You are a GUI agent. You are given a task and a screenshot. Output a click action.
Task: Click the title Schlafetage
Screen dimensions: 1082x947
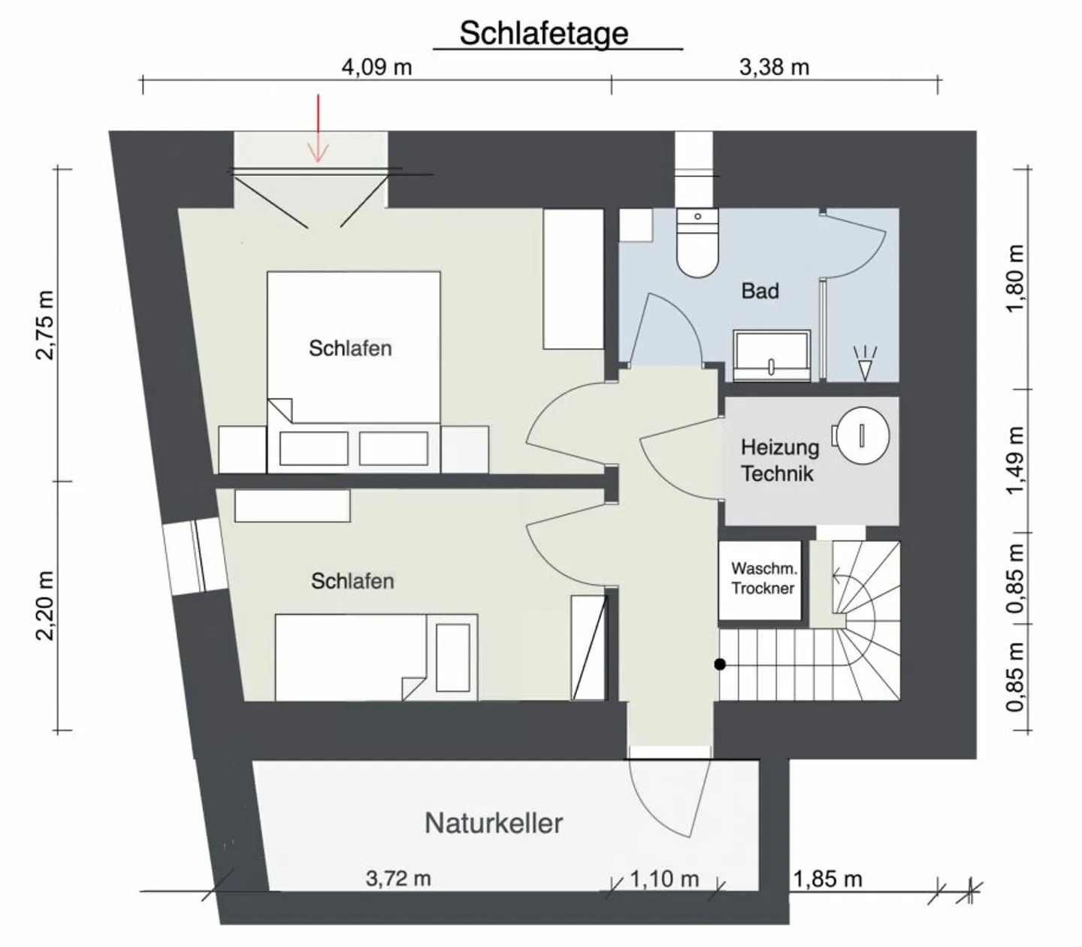544,34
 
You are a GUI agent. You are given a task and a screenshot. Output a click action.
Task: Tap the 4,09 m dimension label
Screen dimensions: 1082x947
376,68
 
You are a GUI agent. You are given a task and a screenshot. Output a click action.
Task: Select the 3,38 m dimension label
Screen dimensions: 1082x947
774,68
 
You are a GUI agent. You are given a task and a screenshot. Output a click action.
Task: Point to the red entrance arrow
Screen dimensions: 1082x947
319,129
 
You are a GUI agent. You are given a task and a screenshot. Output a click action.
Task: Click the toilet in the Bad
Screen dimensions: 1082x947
697,243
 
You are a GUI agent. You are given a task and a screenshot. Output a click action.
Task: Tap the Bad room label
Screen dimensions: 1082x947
760,291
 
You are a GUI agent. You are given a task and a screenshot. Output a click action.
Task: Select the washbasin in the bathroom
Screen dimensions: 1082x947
772,356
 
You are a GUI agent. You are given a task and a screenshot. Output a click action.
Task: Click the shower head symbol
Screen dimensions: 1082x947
865,363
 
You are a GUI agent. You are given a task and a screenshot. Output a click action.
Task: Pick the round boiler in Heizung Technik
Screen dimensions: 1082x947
861,436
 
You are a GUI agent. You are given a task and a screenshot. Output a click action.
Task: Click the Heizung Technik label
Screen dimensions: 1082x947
779,460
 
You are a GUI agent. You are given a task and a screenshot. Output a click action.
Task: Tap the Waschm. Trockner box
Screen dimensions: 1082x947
760,579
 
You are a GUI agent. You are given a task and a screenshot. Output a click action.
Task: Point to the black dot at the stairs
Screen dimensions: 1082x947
720,664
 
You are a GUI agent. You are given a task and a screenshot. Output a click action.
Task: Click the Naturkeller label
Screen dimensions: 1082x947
494,823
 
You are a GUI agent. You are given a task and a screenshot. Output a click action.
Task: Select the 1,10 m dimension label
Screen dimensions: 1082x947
664,879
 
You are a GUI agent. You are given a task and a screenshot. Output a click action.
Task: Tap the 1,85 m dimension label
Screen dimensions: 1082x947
827,879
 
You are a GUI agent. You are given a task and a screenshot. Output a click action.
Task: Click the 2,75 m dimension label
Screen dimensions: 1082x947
45,325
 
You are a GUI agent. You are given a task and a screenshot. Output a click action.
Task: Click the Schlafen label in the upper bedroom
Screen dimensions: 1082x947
350,348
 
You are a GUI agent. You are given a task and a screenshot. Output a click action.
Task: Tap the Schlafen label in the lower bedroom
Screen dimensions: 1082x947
352,581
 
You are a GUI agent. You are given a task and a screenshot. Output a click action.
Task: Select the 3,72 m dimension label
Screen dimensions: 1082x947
398,879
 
